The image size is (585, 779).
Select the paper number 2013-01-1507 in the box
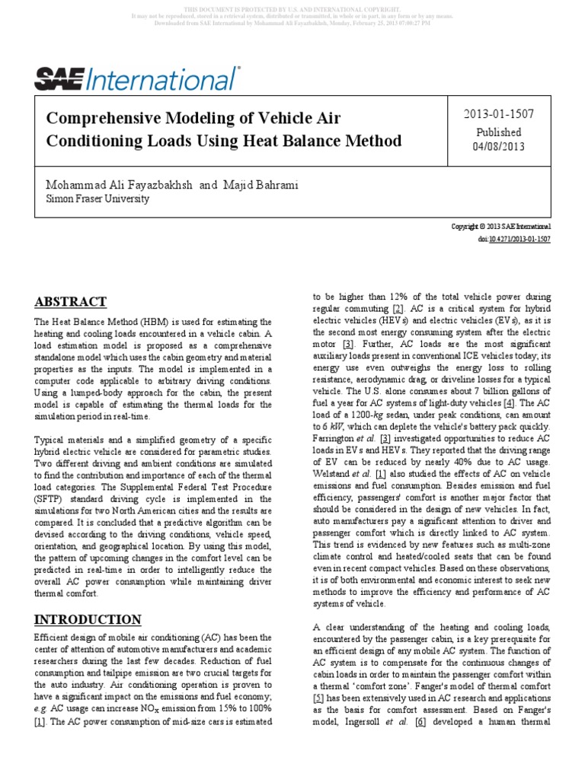(x=499, y=114)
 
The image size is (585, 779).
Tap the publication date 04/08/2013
(x=499, y=147)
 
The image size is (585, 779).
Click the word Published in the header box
(x=499, y=132)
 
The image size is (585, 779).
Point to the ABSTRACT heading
(x=71, y=301)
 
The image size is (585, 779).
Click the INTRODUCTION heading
(x=88, y=618)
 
